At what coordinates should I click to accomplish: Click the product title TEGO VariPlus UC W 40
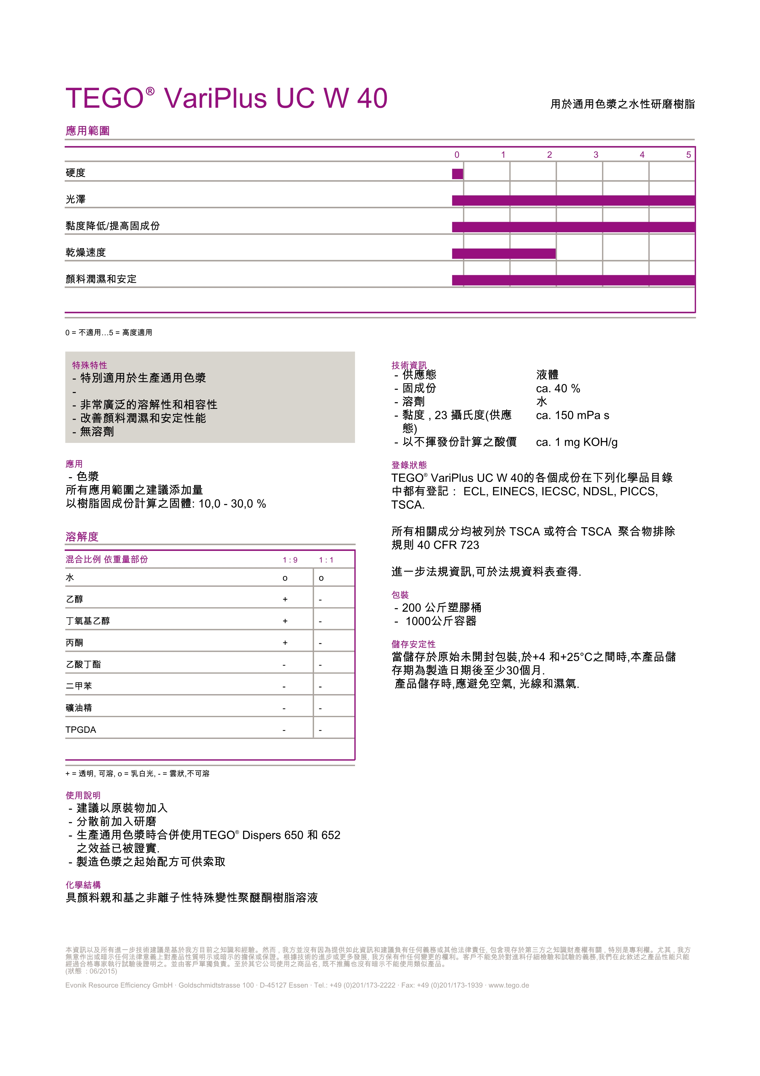(226, 98)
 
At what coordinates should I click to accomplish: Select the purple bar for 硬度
(457, 174)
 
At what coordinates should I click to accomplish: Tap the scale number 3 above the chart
(596, 155)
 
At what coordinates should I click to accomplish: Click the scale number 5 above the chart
(688, 155)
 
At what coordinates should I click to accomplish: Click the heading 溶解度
(82, 536)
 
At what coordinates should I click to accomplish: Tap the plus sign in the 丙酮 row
(285, 643)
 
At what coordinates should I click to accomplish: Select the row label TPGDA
(81, 730)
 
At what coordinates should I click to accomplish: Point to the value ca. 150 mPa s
(572, 415)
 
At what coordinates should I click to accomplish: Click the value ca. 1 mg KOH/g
(576, 442)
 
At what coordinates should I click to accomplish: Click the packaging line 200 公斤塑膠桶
(441, 608)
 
